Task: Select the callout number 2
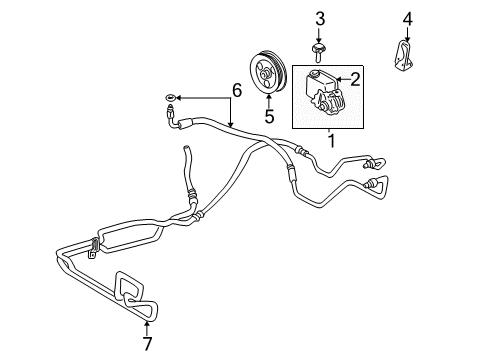pyautogui.click(x=354, y=75)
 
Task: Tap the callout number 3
pyautogui.click(x=320, y=17)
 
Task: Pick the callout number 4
pyautogui.click(x=407, y=17)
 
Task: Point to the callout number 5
pyautogui.click(x=269, y=117)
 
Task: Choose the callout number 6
pyautogui.click(x=236, y=91)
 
